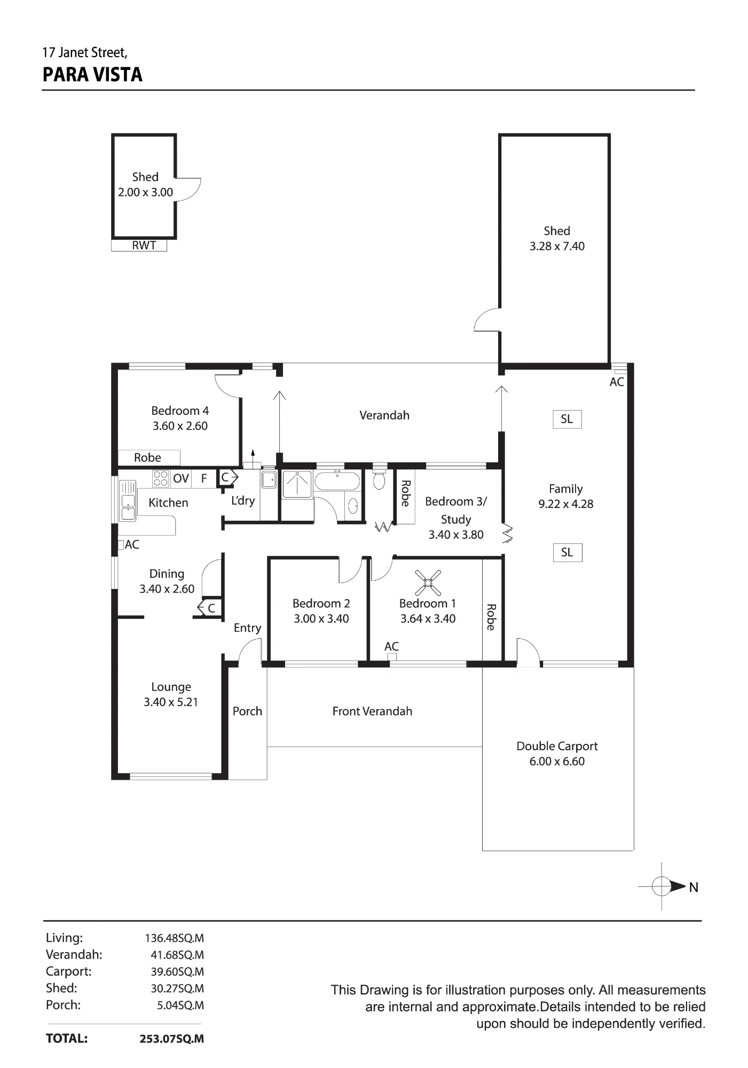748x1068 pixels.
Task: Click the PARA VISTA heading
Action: point(92,75)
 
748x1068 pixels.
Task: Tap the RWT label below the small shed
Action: point(144,246)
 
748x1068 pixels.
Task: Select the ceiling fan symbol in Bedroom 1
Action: point(428,583)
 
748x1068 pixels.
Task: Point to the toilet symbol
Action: point(379,478)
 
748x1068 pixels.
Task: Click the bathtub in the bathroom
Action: point(337,481)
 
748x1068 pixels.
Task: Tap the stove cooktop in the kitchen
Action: point(161,478)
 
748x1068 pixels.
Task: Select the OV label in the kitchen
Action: point(181,478)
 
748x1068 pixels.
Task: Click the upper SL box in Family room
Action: point(567,419)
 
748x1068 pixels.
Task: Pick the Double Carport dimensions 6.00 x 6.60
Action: point(557,761)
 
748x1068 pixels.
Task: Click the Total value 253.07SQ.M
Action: point(172,1039)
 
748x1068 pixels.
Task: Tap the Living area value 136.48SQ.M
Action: point(175,938)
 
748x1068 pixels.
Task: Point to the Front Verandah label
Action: point(372,711)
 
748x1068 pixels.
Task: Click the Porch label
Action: point(247,711)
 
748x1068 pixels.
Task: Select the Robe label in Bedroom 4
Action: point(147,458)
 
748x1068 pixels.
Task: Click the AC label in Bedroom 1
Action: point(391,646)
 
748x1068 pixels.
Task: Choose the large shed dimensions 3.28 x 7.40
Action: point(557,246)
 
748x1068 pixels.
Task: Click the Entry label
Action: point(247,628)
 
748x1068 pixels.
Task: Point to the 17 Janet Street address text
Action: point(85,52)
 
